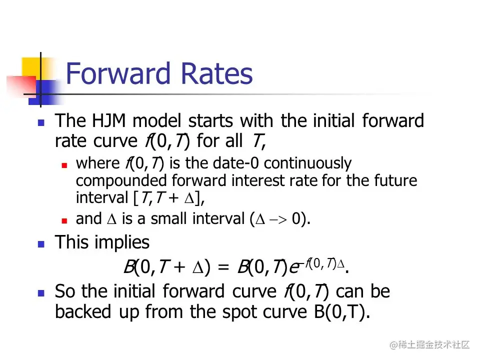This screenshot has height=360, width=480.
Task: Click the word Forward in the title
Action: pos(118,73)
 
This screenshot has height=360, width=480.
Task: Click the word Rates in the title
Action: pos(216,73)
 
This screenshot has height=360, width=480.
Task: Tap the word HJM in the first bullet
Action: pos(108,120)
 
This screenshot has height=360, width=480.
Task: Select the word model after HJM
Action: pos(157,120)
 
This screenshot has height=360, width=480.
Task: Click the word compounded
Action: pos(121,181)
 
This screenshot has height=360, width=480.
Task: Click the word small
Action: pos(168,218)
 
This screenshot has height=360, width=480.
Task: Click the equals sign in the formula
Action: pos(223,267)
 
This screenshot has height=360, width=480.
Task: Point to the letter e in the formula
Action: pos(294,268)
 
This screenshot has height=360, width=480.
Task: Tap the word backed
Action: pos(83,311)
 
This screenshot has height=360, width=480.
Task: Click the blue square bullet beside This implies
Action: pos(41,244)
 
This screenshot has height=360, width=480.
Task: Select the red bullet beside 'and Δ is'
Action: pos(64,220)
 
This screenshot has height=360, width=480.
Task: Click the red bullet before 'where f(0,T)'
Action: pos(64,165)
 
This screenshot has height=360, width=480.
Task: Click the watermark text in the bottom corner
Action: pos(429,344)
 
